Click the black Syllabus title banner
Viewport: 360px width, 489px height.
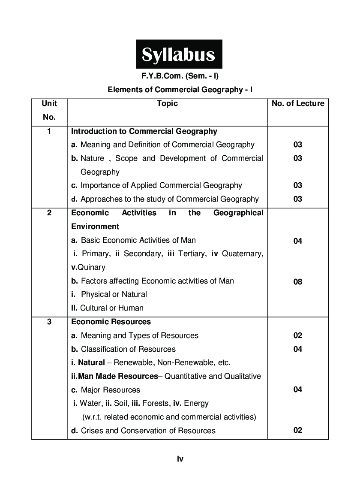coord(179,54)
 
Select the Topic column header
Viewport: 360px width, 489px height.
coord(167,103)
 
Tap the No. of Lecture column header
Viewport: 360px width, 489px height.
coord(298,103)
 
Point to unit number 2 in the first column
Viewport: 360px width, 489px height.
coord(49,213)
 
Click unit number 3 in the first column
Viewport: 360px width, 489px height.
coord(49,322)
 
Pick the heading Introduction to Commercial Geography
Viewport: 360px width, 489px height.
coord(144,131)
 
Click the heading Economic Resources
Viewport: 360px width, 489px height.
coord(111,322)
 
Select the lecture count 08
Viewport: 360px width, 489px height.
coord(298,282)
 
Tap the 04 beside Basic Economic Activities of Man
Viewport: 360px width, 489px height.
coord(298,241)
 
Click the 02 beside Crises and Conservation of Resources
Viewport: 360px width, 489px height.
coord(298,430)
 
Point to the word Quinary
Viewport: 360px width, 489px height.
coord(91,267)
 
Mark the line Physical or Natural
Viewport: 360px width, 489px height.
coord(114,294)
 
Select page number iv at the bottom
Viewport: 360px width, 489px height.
coord(180,459)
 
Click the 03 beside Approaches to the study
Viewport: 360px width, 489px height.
coord(298,199)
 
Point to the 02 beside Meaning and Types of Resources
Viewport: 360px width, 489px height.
coord(298,335)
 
